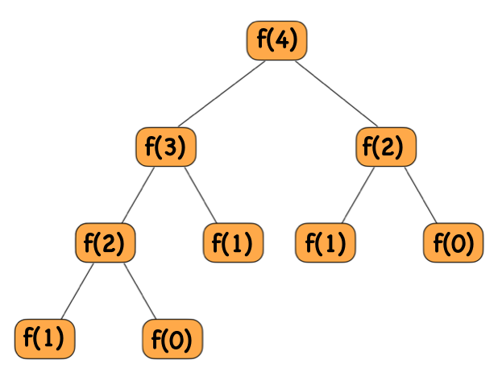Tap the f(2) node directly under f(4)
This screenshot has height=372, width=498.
[x=386, y=147]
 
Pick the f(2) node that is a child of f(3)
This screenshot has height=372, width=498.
[x=105, y=242]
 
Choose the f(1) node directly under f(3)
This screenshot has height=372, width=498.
[x=232, y=242]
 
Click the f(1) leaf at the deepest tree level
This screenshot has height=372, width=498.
[x=44, y=338]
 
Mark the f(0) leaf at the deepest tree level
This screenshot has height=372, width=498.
[x=172, y=339]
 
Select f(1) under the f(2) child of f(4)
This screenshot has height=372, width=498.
[x=326, y=242]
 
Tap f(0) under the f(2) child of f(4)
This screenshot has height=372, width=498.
[x=453, y=242]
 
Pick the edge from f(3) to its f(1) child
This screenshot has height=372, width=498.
[x=200, y=195]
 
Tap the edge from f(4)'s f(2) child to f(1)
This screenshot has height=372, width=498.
[x=357, y=195]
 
